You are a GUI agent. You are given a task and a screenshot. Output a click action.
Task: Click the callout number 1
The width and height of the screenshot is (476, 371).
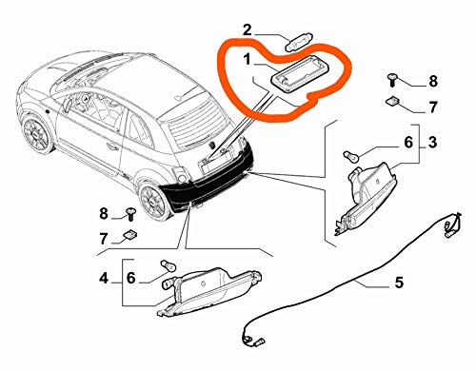248,60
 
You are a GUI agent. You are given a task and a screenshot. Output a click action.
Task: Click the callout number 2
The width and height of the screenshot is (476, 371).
248,30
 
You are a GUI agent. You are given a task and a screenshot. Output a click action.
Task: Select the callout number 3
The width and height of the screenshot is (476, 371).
433,143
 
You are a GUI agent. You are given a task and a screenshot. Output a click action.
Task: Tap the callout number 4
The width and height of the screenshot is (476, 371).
104,279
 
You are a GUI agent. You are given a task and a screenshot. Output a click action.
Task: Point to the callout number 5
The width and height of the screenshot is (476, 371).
399,283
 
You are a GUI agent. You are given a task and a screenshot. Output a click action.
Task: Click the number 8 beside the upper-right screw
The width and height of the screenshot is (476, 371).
433,81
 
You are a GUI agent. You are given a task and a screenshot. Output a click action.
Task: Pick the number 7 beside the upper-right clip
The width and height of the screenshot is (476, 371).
433,107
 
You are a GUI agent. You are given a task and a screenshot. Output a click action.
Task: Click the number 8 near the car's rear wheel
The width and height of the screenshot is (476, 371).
104,213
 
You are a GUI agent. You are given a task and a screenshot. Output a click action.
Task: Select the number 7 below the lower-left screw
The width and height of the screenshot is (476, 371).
104,239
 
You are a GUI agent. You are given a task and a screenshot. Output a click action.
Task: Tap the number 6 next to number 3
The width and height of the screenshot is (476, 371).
408,143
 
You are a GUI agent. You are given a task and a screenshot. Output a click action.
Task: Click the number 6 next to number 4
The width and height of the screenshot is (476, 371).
130,278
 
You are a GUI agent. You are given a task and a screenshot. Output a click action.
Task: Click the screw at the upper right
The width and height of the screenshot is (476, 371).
392,79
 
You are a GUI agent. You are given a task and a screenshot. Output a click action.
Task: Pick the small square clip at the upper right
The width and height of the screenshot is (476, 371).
391,101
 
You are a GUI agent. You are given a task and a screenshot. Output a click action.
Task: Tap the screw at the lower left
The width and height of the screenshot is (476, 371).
130,213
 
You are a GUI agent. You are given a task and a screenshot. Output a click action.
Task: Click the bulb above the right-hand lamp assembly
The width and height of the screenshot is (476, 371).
352,156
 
